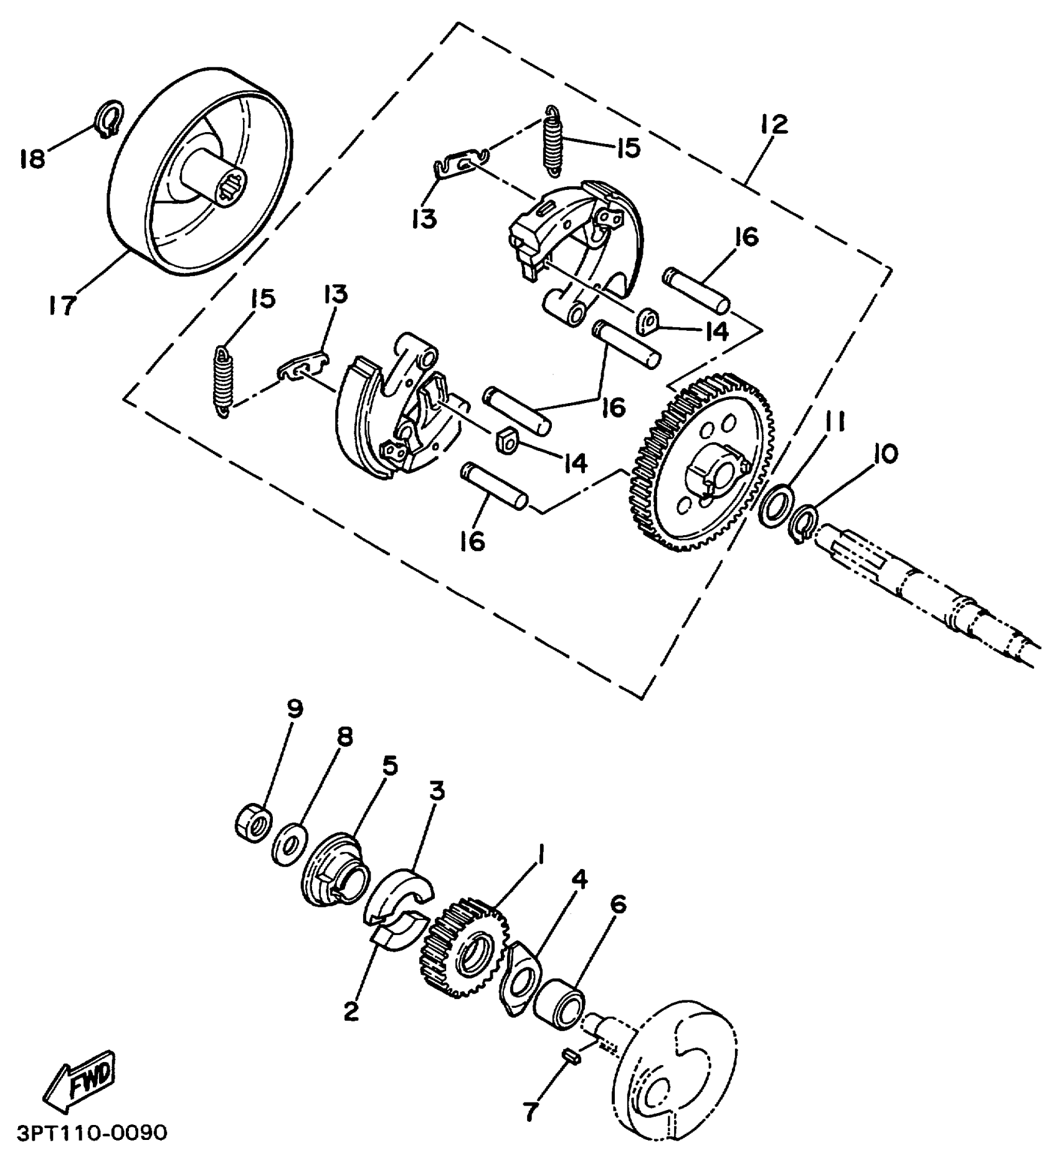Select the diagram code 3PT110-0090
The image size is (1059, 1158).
click(92, 1132)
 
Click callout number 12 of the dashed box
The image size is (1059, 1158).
click(774, 124)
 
